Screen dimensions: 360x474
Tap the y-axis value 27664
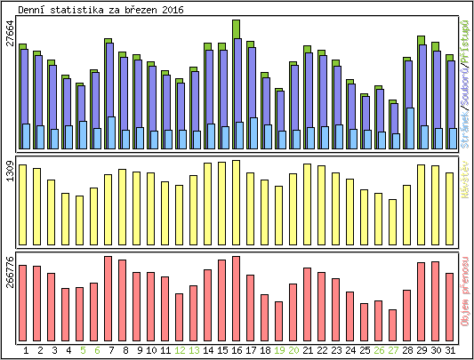(9, 40)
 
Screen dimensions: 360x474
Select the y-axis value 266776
(9, 271)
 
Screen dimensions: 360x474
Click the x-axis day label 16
(236, 350)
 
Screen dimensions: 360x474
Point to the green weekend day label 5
(81, 350)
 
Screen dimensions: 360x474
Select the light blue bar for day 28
(409, 129)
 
